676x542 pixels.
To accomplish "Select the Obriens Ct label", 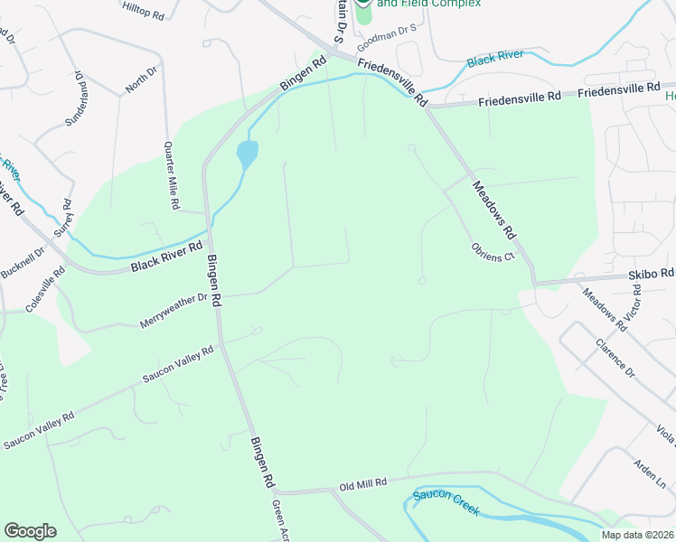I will pyautogui.click(x=492, y=251).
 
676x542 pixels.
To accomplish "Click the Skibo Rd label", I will pyautogui.click(x=651, y=273).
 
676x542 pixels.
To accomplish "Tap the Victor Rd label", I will pyautogui.click(x=636, y=305).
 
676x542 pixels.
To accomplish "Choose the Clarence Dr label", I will pyautogui.click(x=615, y=358).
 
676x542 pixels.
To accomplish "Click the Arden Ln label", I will pyautogui.click(x=647, y=471).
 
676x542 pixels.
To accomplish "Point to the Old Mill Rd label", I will pyautogui.click(x=362, y=484).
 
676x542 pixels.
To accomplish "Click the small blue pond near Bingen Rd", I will pyautogui.click(x=247, y=154).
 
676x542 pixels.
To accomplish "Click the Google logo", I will pyautogui.click(x=30, y=531).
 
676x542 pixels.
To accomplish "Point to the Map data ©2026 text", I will pyautogui.click(x=637, y=535).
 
